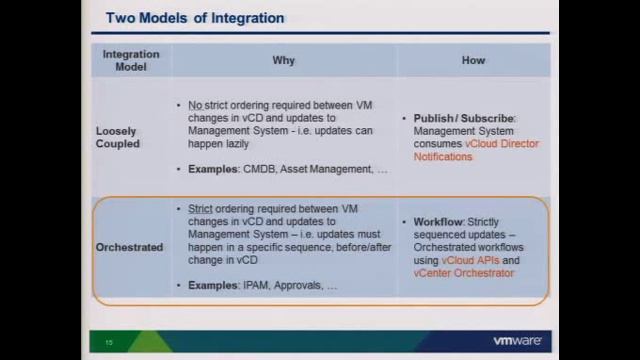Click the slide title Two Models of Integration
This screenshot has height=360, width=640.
(195, 18)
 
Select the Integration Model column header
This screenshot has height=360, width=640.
(131, 60)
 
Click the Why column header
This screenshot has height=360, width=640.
(284, 60)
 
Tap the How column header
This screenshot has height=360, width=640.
(473, 60)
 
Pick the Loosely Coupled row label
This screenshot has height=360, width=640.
(117, 137)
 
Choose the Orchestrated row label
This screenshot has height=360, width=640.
(129, 247)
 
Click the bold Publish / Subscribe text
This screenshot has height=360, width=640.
(464, 118)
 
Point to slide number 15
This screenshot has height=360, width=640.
(109, 343)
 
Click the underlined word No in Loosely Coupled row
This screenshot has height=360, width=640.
(195, 105)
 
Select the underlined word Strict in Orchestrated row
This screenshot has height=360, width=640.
(201, 208)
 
